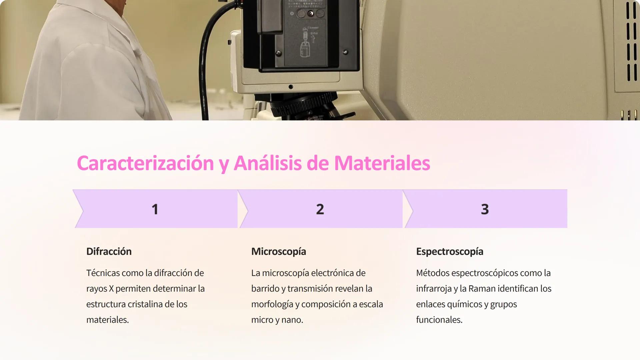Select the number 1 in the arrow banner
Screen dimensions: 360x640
(x=155, y=209)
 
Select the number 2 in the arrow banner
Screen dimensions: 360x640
(x=320, y=209)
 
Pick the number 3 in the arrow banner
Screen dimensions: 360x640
(x=485, y=209)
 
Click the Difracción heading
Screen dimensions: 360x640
(x=109, y=251)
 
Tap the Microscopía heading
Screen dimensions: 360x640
(x=278, y=251)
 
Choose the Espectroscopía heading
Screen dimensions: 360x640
(x=449, y=251)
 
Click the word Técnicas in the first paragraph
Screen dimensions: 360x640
(x=103, y=273)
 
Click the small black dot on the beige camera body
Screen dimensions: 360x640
(x=291, y=87)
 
